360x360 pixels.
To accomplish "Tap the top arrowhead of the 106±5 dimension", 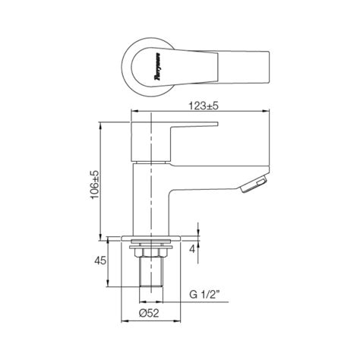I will click(103, 122).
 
